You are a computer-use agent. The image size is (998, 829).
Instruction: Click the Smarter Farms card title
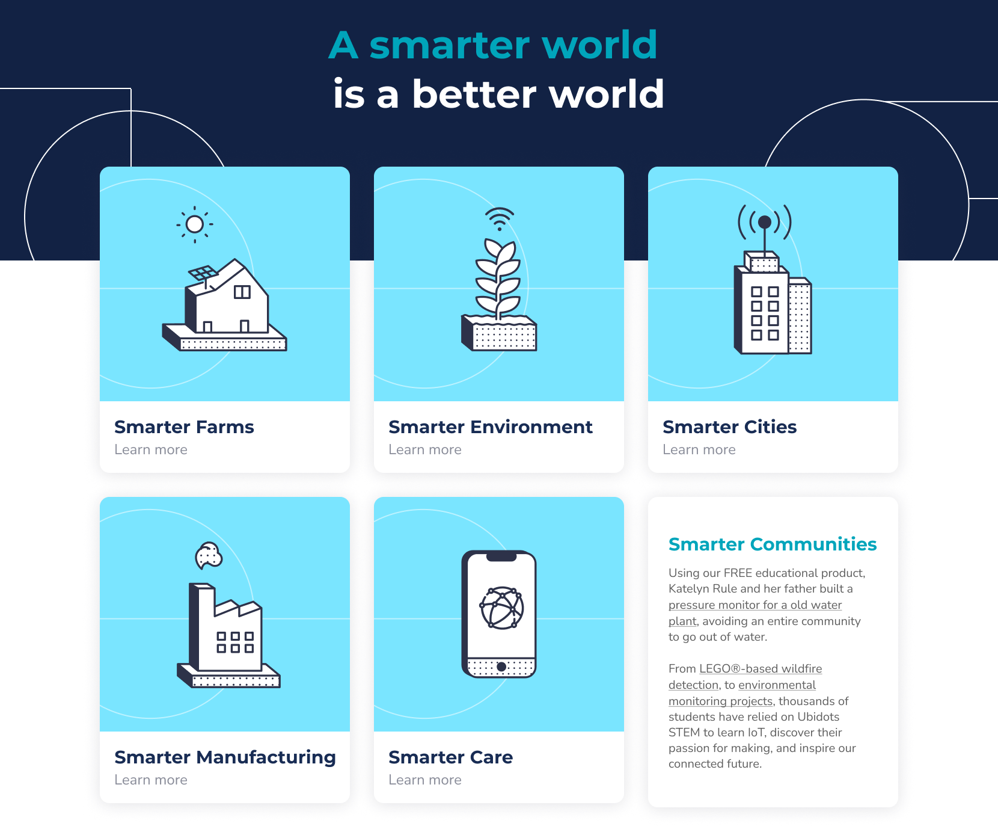click(x=184, y=427)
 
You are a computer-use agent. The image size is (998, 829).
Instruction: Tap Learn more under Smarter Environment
click(x=425, y=449)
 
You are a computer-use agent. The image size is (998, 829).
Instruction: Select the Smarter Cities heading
click(x=729, y=427)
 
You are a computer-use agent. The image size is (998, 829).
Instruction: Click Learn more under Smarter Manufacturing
click(x=151, y=780)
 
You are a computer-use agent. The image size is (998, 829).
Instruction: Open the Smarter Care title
click(x=450, y=757)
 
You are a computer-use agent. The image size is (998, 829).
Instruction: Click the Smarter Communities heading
click(x=773, y=544)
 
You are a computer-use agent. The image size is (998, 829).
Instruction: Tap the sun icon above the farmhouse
click(x=194, y=224)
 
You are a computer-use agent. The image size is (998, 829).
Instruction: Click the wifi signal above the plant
click(x=500, y=219)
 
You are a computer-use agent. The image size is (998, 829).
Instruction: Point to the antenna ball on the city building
click(x=765, y=222)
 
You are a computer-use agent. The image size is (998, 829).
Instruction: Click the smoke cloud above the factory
click(x=209, y=555)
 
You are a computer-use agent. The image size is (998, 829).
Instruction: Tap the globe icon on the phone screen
click(x=501, y=608)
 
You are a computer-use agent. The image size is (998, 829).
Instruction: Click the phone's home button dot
click(x=501, y=667)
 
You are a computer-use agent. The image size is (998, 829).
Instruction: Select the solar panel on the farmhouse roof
click(x=203, y=273)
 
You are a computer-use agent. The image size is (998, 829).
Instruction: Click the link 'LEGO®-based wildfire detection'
click(x=745, y=677)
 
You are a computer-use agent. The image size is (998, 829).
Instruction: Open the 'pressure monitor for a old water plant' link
click(x=755, y=612)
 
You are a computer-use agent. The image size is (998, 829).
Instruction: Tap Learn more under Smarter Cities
click(x=699, y=449)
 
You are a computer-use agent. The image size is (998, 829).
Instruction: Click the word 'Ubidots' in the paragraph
click(x=818, y=717)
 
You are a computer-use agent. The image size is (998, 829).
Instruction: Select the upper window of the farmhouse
click(x=242, y=292)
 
